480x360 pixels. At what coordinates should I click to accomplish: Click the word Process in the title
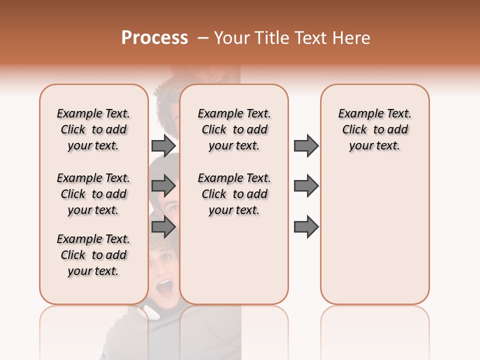(154, 38)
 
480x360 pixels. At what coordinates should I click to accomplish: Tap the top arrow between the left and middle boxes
(163, 145)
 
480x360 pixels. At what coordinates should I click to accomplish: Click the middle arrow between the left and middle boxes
(163, 186)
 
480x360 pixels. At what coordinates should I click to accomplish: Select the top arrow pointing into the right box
(306, 145)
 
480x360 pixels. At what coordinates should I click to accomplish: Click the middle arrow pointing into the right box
(306, 186)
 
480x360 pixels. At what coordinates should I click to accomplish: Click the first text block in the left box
(93, 129)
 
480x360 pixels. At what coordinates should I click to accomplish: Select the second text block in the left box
(93, 194)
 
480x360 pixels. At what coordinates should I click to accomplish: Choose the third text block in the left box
(93, 255)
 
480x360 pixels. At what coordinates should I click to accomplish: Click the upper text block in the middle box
(234, 129)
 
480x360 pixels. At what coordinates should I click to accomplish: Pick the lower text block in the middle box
(234, 194)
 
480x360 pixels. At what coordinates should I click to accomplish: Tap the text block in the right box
(375, 129)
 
